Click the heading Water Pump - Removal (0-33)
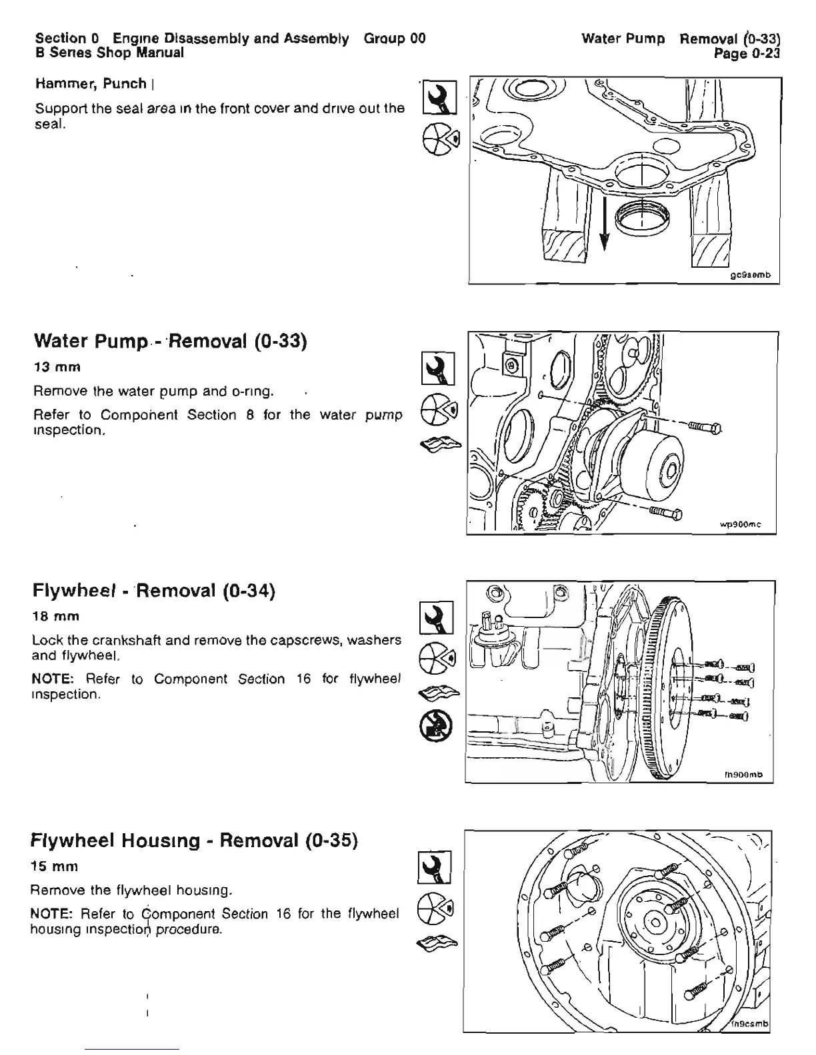pyautogui.click(x=169, y=342)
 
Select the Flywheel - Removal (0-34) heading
pyautogui.click(x=154, y=591)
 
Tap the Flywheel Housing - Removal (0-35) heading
pyautogui.click(x=195, y=841)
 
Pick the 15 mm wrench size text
pyautogui.click(x=55, y=867)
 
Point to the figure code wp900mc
pyautogui.click(x=741, y=526)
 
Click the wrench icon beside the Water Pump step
pyautogui.click(x=439, y=368)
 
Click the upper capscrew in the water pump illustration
pyautogui.click(x=701, y=427)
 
